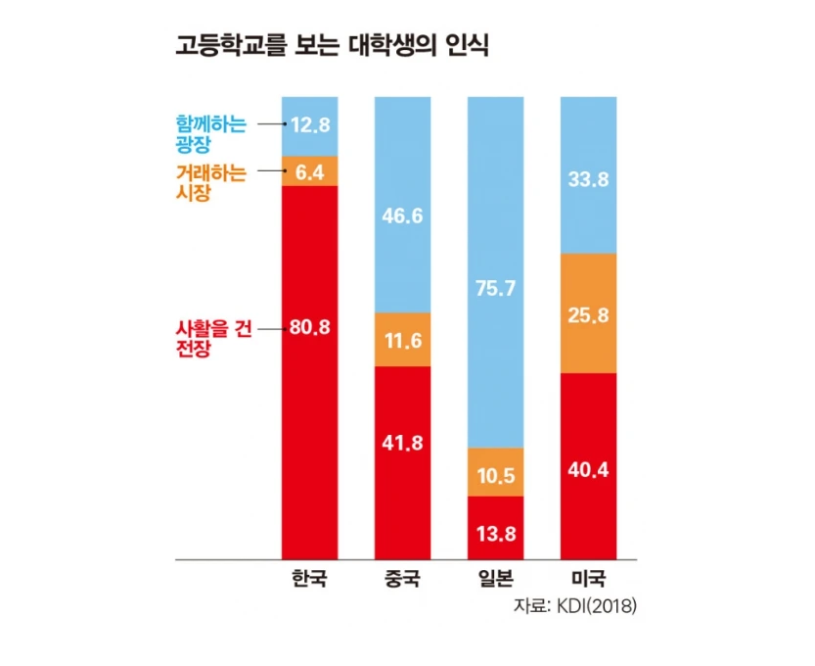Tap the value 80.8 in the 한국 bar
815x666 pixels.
[x=309, y=328]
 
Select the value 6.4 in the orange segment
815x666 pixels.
[x=309, y=171]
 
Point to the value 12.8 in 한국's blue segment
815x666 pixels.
[x=309, y=124]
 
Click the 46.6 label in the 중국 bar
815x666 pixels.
[x=402, y=216]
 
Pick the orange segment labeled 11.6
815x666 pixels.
[x=402, y=340]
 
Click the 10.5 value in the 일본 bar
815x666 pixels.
[x=496, y=474]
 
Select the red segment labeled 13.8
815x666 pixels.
[x=496, y=534]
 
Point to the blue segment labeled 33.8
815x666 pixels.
[x=589, y=178]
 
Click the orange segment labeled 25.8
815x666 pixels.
[x=589, y=314]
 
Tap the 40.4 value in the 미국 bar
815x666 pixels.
[x=589, y=468]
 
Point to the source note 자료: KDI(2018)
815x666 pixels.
[x=575, y=607]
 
